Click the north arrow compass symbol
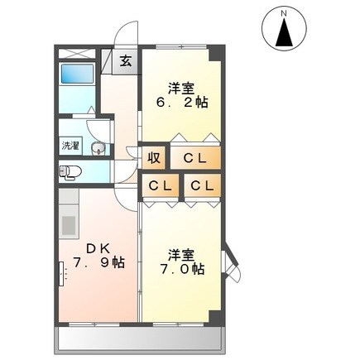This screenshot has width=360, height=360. tap(284, 29)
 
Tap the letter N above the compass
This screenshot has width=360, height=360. tap(284, 12)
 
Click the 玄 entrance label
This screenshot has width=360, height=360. tap(126, 61)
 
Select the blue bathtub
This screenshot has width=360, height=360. tap(77, 74)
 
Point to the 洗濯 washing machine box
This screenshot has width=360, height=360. tap(70, 146)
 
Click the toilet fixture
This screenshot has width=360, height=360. tap(70, 173)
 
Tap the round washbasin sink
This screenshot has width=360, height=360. tap(96, 149)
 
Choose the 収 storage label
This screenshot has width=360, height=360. tap(154, 158)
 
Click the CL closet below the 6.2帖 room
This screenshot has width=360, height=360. tap(195, 158)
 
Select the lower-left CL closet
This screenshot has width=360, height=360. tap(161, 185)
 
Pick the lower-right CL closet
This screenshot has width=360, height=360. tap(203, 185)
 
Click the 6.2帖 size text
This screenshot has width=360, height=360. tap(182, 103)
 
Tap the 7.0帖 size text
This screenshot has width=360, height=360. tap(182, 269)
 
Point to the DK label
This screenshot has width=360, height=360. tap(98, 249)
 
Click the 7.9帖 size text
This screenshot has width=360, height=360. tap(98, 262)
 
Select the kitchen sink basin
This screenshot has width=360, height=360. tap(69, 224)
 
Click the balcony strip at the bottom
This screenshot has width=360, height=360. tap(140, 338)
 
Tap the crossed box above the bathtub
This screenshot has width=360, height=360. tap(77, 54)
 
